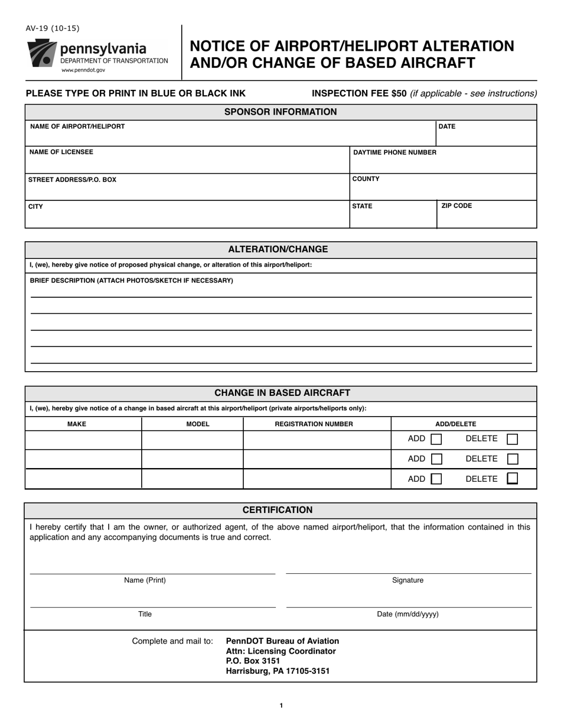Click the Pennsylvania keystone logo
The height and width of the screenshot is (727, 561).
[41, 54]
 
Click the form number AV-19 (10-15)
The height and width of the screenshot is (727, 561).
[52, 28]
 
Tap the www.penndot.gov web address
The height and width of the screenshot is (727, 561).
[83, 70]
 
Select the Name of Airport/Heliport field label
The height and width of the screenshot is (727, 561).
[77, 126]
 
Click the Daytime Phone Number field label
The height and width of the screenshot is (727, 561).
[394, 152]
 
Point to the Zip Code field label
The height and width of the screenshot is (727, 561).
[456, 206]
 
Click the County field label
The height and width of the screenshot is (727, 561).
[366, 179]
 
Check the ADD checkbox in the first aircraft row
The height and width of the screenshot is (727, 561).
[436, 439]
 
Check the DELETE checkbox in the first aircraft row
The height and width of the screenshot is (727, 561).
[513, 439]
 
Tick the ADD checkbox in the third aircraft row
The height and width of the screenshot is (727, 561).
[436, 479]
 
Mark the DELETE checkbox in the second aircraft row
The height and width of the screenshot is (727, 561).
[513, 459]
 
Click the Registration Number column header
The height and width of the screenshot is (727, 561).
[314, 424]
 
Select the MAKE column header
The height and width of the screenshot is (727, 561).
[77, 424]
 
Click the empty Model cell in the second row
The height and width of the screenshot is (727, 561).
[193, 459]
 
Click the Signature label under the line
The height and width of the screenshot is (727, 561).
[407, 580]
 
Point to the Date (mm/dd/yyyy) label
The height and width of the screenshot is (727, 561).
[407, 614]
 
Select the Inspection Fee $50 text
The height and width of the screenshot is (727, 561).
[359, 93]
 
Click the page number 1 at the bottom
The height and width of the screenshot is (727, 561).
[281, 705]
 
